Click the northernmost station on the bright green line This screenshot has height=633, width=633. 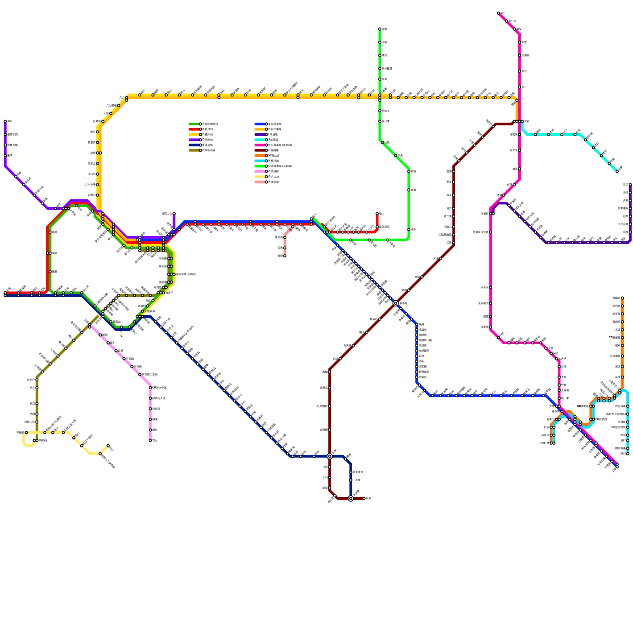click(x=380, y=29)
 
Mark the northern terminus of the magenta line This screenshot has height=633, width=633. click(x=498, y=13)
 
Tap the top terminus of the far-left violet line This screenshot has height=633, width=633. click(x=5, y=121)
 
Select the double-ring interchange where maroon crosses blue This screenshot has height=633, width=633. click(x=396, y=303)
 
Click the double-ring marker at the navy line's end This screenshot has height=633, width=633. click(x=351, y=498)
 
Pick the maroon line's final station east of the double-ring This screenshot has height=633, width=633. click(x=364, y=498)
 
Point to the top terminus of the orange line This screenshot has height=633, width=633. click(x=622, y=298)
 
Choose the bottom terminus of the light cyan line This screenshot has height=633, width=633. click(x=627, y=454)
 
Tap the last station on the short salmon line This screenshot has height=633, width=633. click(x=285, y=256)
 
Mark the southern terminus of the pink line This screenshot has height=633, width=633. click(x=150, y=440)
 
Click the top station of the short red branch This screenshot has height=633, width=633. click(x=377, y=214)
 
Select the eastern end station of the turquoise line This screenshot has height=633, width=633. click(x=617, y=171)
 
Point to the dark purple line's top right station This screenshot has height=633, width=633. click(x=630, y=184)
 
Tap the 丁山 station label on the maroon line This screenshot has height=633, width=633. click(x=325, y=478)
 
